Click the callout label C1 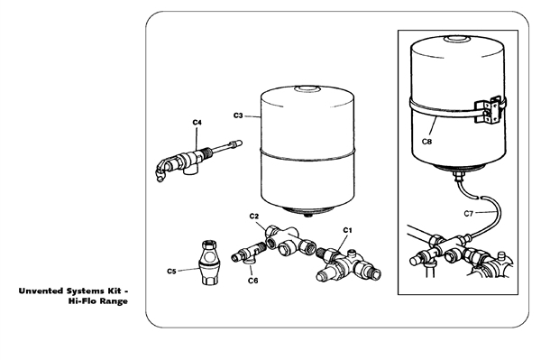(348, 230)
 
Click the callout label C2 (254, 217)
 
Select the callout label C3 (238, 115)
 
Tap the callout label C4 (197, 121)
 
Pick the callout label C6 (253, 280)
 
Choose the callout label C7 (469, 214)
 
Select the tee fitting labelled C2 (288, 240)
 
